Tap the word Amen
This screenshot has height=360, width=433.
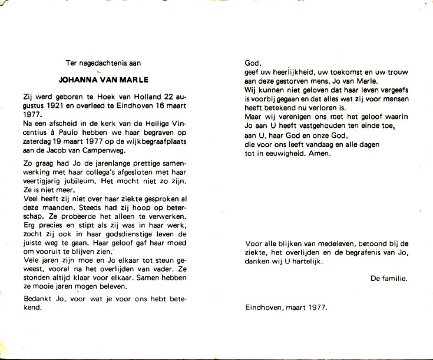pos(322,154)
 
